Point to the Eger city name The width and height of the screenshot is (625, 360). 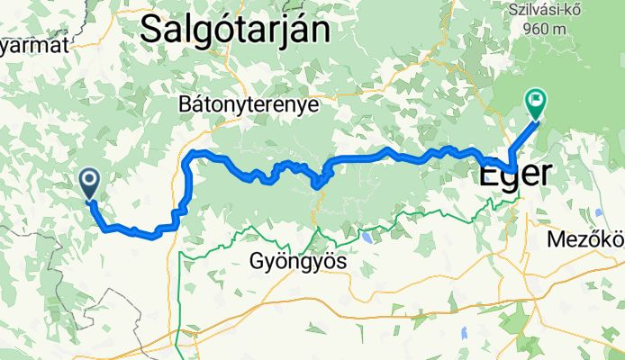coord(512,174)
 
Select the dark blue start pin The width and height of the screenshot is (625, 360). coord(90,183)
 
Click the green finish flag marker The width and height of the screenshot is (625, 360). coord(536,103)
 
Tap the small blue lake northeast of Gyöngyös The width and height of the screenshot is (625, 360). coord(367,239)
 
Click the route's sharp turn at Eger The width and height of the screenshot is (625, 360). coord(512,169)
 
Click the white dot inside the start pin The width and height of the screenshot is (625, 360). coord(90,179)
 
